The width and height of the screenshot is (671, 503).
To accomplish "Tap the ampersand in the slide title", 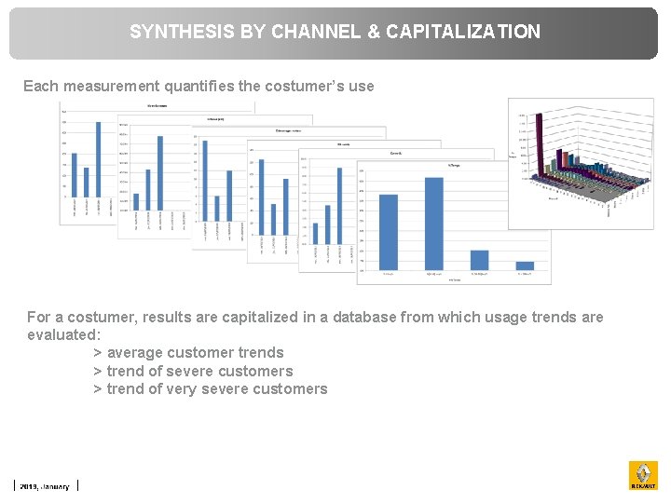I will [x=373, y=32].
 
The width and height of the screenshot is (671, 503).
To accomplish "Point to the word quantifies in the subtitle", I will [x=200, y=86].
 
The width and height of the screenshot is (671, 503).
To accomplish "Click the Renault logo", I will [x=643, y=475].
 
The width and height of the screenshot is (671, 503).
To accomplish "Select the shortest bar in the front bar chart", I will [x=525, y=265].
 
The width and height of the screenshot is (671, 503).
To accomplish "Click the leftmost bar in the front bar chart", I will [x=389, y=233].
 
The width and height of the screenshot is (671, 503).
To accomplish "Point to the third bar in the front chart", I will [x=479, y=260].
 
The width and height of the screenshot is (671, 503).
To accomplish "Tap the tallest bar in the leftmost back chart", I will [x=99, y=165].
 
